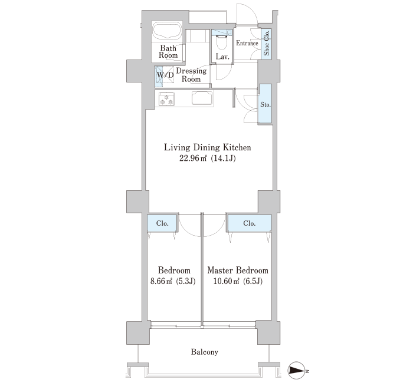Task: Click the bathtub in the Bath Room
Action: [167, 31]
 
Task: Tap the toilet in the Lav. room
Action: [222, 42]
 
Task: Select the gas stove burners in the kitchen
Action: [166, 98]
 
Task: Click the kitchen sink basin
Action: [202, 98]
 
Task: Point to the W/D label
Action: [165, 75]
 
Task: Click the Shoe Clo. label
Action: [267, 43]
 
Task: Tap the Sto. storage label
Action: [265, 104]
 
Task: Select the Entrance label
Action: [247, 43]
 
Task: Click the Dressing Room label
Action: [191, 75]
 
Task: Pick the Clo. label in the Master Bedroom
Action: [249, 223]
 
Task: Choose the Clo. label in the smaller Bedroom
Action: [162, 223]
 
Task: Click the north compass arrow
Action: [297, 370]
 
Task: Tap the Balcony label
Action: [205, 352]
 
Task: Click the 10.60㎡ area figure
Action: [226, 281]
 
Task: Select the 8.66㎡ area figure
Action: [161, 281]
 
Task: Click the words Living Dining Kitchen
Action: [208, 147]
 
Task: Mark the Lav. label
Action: [222, 57]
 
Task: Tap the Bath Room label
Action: [168, 52]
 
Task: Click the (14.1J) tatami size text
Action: [224, 159]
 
